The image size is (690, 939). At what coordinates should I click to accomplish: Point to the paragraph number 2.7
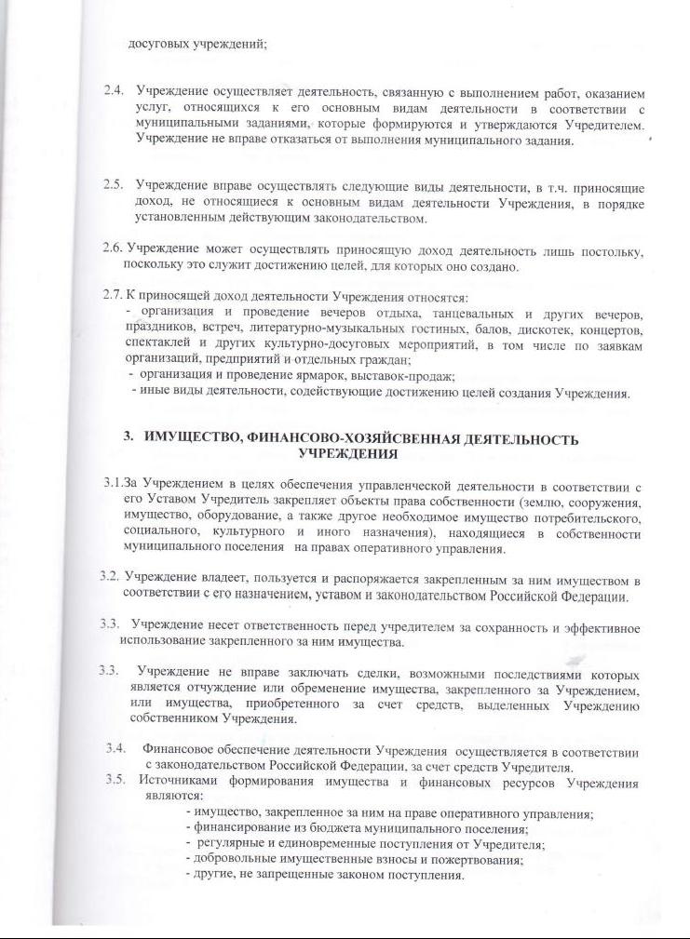112,297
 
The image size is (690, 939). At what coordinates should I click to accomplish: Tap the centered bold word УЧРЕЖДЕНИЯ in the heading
348,454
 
